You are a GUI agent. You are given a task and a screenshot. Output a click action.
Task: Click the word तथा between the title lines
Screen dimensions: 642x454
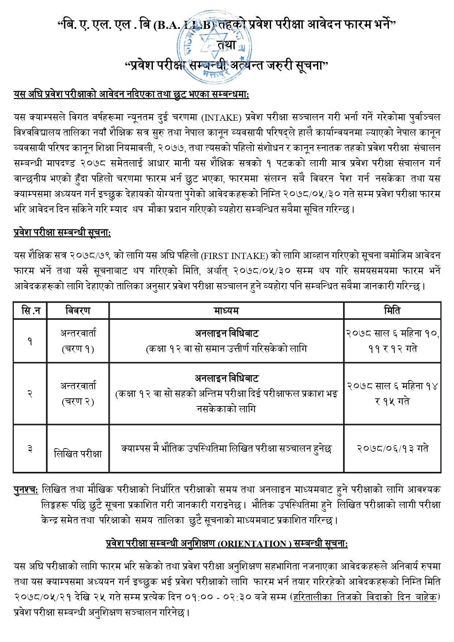(x=227, y=45)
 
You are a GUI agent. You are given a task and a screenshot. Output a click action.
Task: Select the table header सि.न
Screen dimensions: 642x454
(x=30, y=311)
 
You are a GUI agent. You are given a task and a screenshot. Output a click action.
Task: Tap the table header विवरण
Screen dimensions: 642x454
(x=78, y=311)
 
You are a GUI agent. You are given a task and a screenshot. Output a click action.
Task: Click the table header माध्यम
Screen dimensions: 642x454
(x=226, y=311)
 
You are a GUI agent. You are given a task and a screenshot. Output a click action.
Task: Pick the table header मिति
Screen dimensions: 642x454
(x=392, y=311)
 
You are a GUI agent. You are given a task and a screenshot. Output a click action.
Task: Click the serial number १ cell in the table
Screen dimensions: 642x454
(x=30, y=341)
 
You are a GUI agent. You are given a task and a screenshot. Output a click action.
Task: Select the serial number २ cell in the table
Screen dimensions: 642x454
(x=30, y=394)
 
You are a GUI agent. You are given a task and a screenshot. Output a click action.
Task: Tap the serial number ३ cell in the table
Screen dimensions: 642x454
(x=30, y=448)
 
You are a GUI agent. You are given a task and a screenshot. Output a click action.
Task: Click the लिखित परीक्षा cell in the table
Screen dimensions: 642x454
(x=78, y=454)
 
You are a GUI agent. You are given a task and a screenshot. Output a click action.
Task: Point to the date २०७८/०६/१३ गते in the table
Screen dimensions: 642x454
(x=393, y=448)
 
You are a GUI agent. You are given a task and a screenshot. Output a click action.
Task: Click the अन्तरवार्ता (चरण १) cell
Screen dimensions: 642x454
(x=78, y=341)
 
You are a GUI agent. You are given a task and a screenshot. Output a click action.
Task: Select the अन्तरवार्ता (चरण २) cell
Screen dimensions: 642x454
(x=78, y=394)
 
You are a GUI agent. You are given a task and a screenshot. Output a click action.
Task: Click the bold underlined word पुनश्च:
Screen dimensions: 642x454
(x=26, y=490)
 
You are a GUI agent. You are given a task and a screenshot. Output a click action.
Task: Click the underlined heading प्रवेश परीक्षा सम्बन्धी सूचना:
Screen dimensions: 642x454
(x=62, y=233)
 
